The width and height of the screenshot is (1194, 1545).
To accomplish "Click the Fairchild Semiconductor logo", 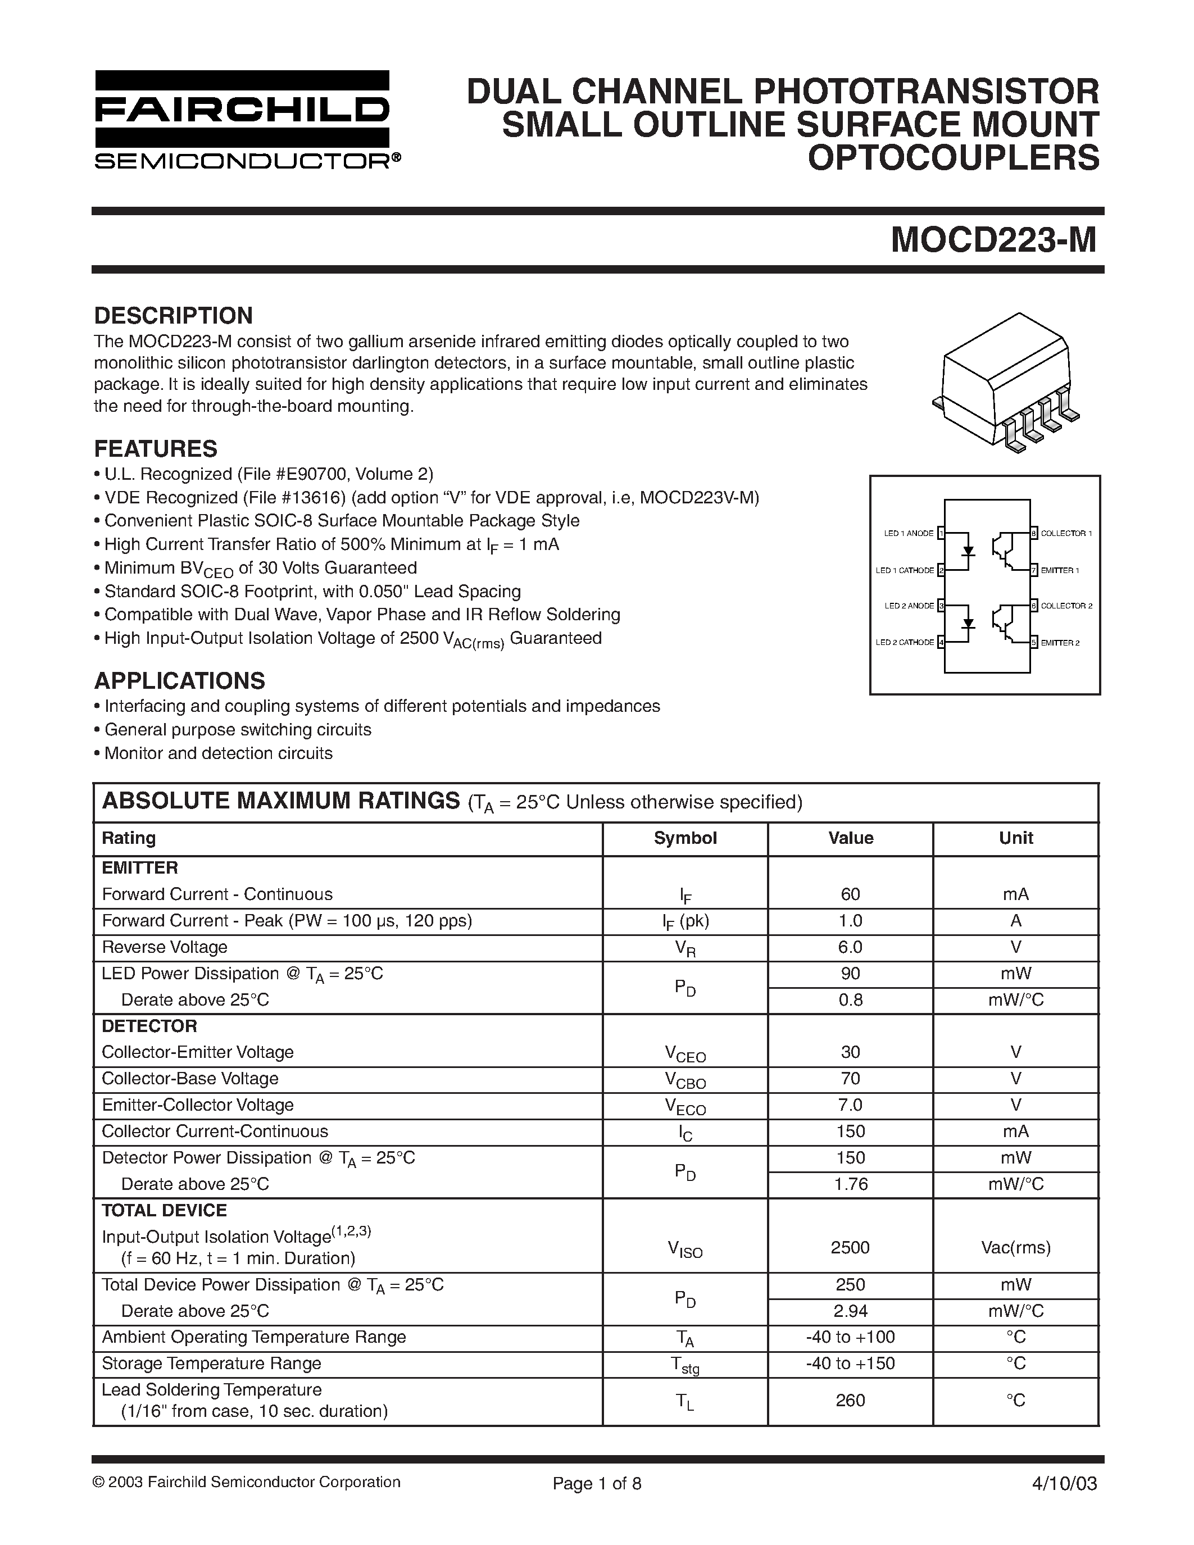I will point(243,120).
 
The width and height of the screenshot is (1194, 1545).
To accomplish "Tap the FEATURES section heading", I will point(156,448).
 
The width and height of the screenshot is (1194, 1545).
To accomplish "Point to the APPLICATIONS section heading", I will point(180,680).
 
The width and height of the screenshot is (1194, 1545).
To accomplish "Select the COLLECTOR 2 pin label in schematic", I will point(1066,606).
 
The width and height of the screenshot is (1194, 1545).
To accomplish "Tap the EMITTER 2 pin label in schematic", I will point(1060,643).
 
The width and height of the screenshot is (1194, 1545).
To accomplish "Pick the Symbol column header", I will point(685,838).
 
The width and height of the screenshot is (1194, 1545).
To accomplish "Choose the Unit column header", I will point(1016,838).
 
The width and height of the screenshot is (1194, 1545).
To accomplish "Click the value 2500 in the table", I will point(850,1247).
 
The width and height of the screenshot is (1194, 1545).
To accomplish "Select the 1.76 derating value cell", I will point(850,1184).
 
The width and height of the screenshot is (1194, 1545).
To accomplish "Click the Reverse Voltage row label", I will point(165,947).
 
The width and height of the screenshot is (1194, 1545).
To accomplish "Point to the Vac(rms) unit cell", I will point(1016,1247).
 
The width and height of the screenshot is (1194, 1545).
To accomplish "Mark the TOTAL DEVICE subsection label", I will point(164,1210).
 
